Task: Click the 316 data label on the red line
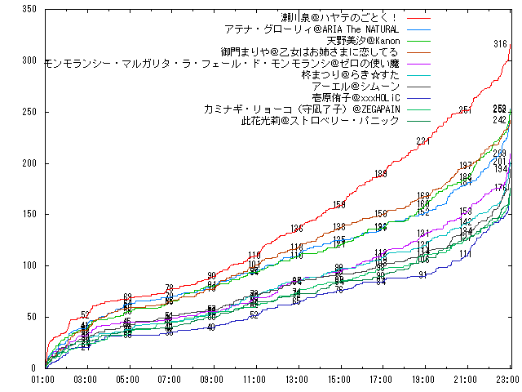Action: coord(500,44)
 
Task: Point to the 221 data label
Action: coord(422,141)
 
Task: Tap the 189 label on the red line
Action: coord(381,174)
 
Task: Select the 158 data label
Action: coord(339,205)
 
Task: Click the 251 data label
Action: coord(465,110)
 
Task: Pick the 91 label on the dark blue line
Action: coord(422,275)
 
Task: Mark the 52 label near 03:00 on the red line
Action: coord(85,315)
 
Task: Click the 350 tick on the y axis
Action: coord(29,9)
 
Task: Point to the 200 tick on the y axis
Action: coord(29,163)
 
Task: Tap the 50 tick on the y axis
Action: coord(32,317)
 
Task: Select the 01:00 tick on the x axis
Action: coord(43,380)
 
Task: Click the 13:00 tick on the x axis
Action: coord(297,380)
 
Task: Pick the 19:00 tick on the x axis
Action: coord(423,380)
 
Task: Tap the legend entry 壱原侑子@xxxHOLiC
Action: coord(353,97)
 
